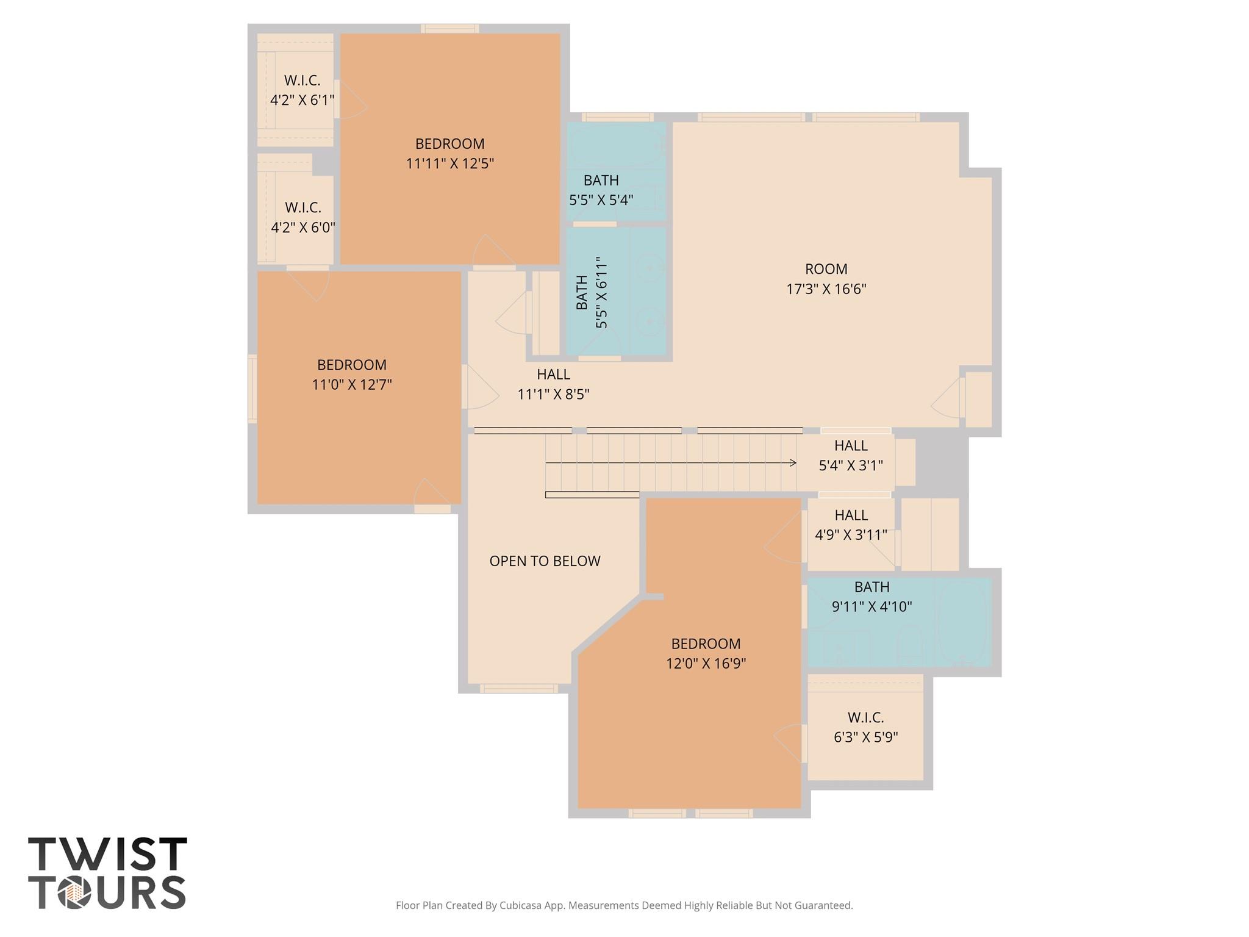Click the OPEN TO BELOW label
coord(545,561)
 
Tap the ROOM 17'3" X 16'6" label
coord(826,279)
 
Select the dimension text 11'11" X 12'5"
coord(449,163)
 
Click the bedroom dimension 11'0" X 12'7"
coord(351,385)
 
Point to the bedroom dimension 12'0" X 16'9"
coord(706,664)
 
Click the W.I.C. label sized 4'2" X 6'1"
coord(302,90)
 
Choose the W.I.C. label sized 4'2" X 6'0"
coord(302,217)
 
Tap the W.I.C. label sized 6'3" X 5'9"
coord(865,727)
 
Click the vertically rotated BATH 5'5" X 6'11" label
coord(592,292)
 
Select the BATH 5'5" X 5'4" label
coord(601,190)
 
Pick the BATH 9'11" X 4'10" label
coord(871,597)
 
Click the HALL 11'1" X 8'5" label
coord(553,384)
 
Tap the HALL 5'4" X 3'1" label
coord(850,456)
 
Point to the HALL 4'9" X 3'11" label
coord(851,525)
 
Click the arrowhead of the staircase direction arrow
coord(793,463)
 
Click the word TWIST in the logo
coord(107,854)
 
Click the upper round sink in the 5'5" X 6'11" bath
coord(651,267)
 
